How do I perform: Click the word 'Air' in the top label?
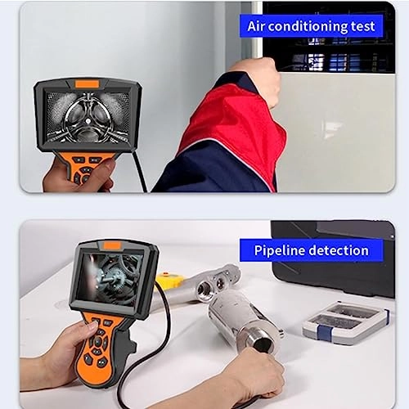click(260, 26)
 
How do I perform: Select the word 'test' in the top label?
click(364, 26)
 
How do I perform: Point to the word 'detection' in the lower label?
click(339, 250)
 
